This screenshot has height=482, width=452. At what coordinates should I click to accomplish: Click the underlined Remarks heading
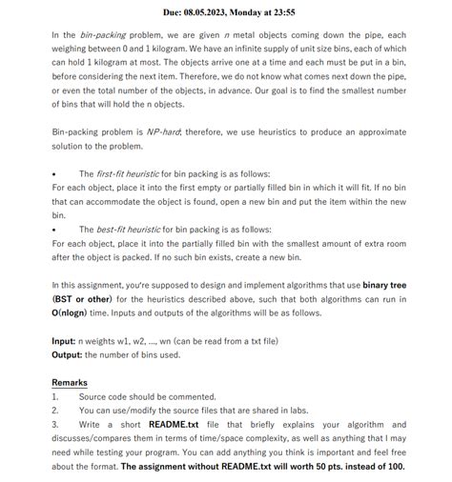pos(70,382)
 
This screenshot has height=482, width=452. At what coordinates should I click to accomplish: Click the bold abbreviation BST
pos(66,298)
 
